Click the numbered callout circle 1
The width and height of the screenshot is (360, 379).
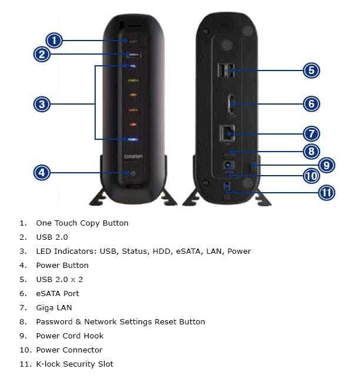pos(53,41)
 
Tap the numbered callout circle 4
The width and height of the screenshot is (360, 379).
pos(41,173)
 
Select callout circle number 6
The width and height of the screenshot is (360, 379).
pos(311,104)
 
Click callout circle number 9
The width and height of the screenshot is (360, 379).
pos(327,165)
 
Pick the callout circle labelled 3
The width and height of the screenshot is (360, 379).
pos(41,105)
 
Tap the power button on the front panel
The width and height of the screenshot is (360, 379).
pos(133,173)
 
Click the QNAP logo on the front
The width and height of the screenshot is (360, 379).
pos(133,157)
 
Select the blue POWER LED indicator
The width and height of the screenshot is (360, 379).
pos(133,139)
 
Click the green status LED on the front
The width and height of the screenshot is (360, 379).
pos(133,81)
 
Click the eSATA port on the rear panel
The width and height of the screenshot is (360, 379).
pos(231,105)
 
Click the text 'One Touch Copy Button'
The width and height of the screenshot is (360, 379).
pos(82,223)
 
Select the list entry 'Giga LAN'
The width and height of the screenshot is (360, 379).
pos(54,308)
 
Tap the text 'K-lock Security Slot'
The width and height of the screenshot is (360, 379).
pos(75,364)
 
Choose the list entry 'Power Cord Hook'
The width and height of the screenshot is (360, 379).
pos(70,336)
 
